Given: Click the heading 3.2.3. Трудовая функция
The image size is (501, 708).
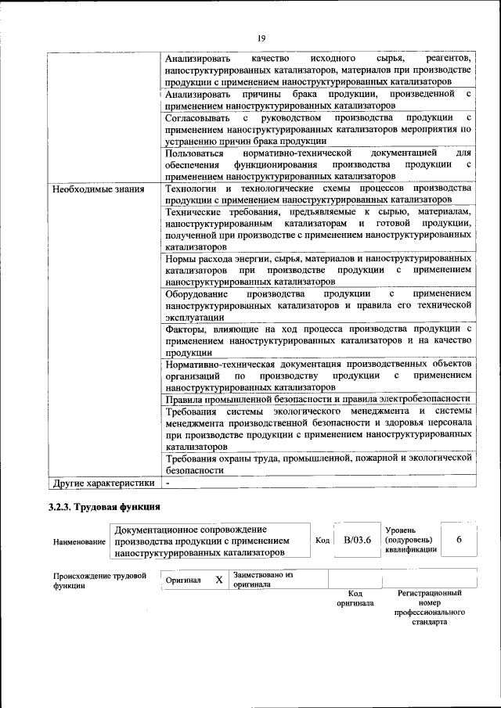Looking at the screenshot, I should coord(104,507).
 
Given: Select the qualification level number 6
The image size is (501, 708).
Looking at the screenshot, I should coord(459,540).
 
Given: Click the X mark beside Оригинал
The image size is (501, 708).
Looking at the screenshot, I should coord(219,580).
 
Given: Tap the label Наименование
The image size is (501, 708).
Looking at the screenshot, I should coord(78,541).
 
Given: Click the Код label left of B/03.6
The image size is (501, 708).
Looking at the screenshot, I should coord(322,540).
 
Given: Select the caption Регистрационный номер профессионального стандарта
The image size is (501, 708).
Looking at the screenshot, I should coord(430,608).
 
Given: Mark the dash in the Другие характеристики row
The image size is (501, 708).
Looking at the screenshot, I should coord(168,483).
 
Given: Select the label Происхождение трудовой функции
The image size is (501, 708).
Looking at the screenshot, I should coord(99,580).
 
